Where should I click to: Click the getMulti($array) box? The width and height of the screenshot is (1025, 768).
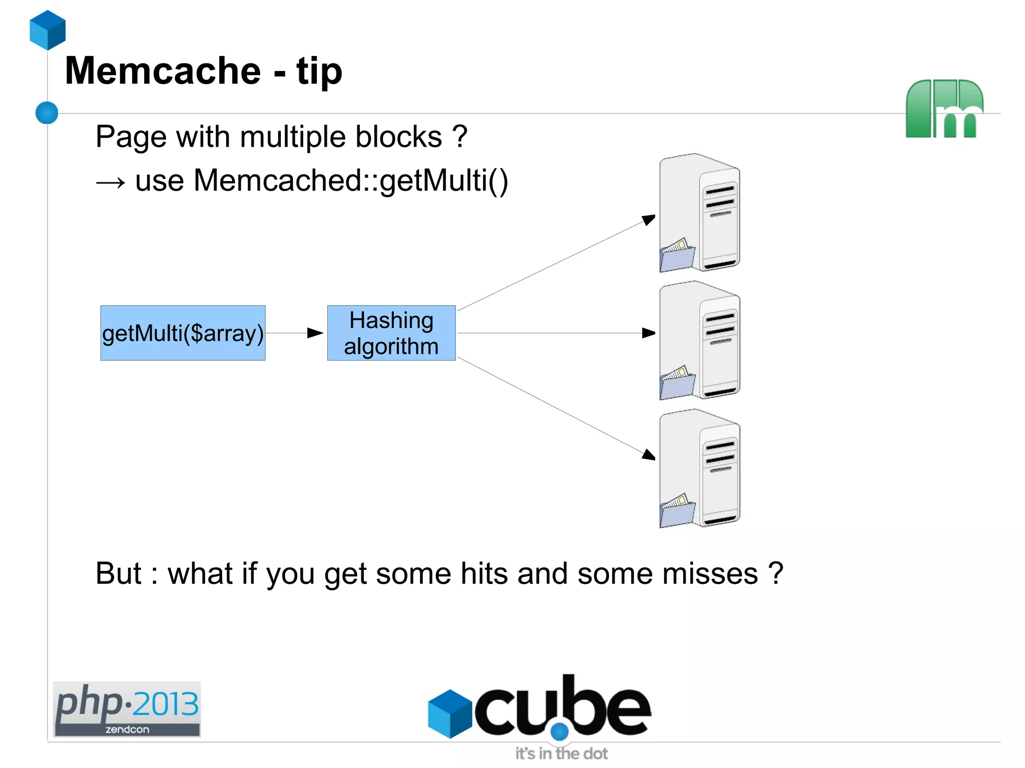click(x=183, y=333)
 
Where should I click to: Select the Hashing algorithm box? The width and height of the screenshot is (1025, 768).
click(x=391, y=333)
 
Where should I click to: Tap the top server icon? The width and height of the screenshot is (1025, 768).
click(x=700, y=213)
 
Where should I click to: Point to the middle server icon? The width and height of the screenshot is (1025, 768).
click(x=700, y=340)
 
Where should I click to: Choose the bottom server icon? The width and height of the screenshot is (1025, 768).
click(x=700, y=468)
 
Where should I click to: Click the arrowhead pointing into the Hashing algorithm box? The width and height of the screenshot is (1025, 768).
click(x=315, y=333)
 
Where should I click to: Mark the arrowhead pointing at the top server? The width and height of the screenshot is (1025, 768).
click(x=649, y=219)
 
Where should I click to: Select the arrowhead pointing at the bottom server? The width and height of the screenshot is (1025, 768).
click(x=649, y=455)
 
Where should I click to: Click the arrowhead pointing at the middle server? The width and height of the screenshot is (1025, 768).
click(x=649, y=333)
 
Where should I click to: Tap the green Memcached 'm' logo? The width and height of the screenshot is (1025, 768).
click(x=944, y=109)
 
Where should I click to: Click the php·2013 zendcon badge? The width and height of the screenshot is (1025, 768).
click(x=127, y=709)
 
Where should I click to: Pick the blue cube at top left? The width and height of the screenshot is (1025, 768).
click(x=48, y=30)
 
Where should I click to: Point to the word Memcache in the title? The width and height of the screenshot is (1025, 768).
click(x=163, y=71)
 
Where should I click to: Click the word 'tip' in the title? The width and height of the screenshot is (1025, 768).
click(x=319, y=72)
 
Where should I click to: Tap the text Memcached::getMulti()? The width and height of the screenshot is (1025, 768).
click(x=350, y=180)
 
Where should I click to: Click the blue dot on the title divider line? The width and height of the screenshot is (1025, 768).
click(x=47, y=113)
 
